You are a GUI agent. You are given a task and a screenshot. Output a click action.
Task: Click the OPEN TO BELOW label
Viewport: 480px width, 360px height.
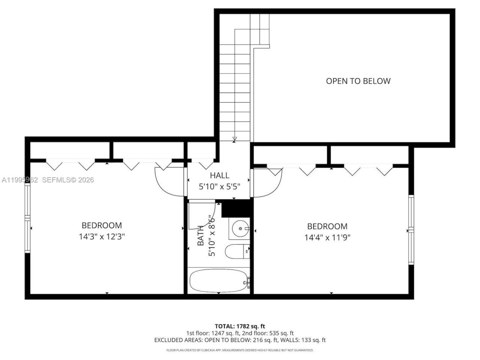tap(358, 81)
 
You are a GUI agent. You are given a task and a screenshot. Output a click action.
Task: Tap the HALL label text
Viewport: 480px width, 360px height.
tap(219, 175)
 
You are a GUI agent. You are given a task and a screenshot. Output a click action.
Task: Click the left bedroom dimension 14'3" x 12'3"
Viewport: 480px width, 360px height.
tap(102, 237)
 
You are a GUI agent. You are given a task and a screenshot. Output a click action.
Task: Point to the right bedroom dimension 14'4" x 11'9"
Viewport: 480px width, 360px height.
tap(327, 237)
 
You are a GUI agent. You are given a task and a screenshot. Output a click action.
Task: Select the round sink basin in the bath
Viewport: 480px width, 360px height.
tap(239, 228)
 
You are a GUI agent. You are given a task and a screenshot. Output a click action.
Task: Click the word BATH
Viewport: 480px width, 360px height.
tap(201, 235)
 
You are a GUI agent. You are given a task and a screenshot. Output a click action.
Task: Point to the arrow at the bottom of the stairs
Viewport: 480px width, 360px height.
tap(234, 139)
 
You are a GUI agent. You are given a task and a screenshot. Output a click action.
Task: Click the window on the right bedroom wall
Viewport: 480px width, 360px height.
tap(411, 230)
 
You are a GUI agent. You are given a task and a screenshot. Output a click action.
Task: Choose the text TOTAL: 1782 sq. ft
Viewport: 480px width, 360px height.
tap(240, 326)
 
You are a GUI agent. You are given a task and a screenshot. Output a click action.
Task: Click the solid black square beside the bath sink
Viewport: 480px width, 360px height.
tap(236, 208)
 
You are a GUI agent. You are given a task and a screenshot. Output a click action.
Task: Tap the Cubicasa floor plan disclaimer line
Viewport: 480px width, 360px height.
tap(240, 350)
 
